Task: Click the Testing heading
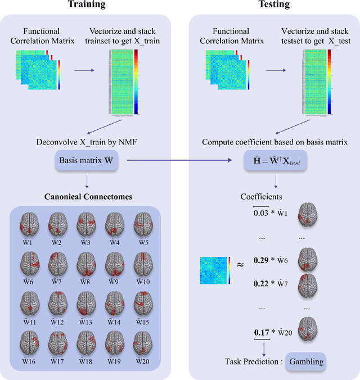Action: (x=274, y=5)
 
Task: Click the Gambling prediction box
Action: (x=307, y=361)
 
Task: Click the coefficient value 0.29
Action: (x=261, y=260)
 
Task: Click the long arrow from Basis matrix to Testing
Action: (x=180, y=161)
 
